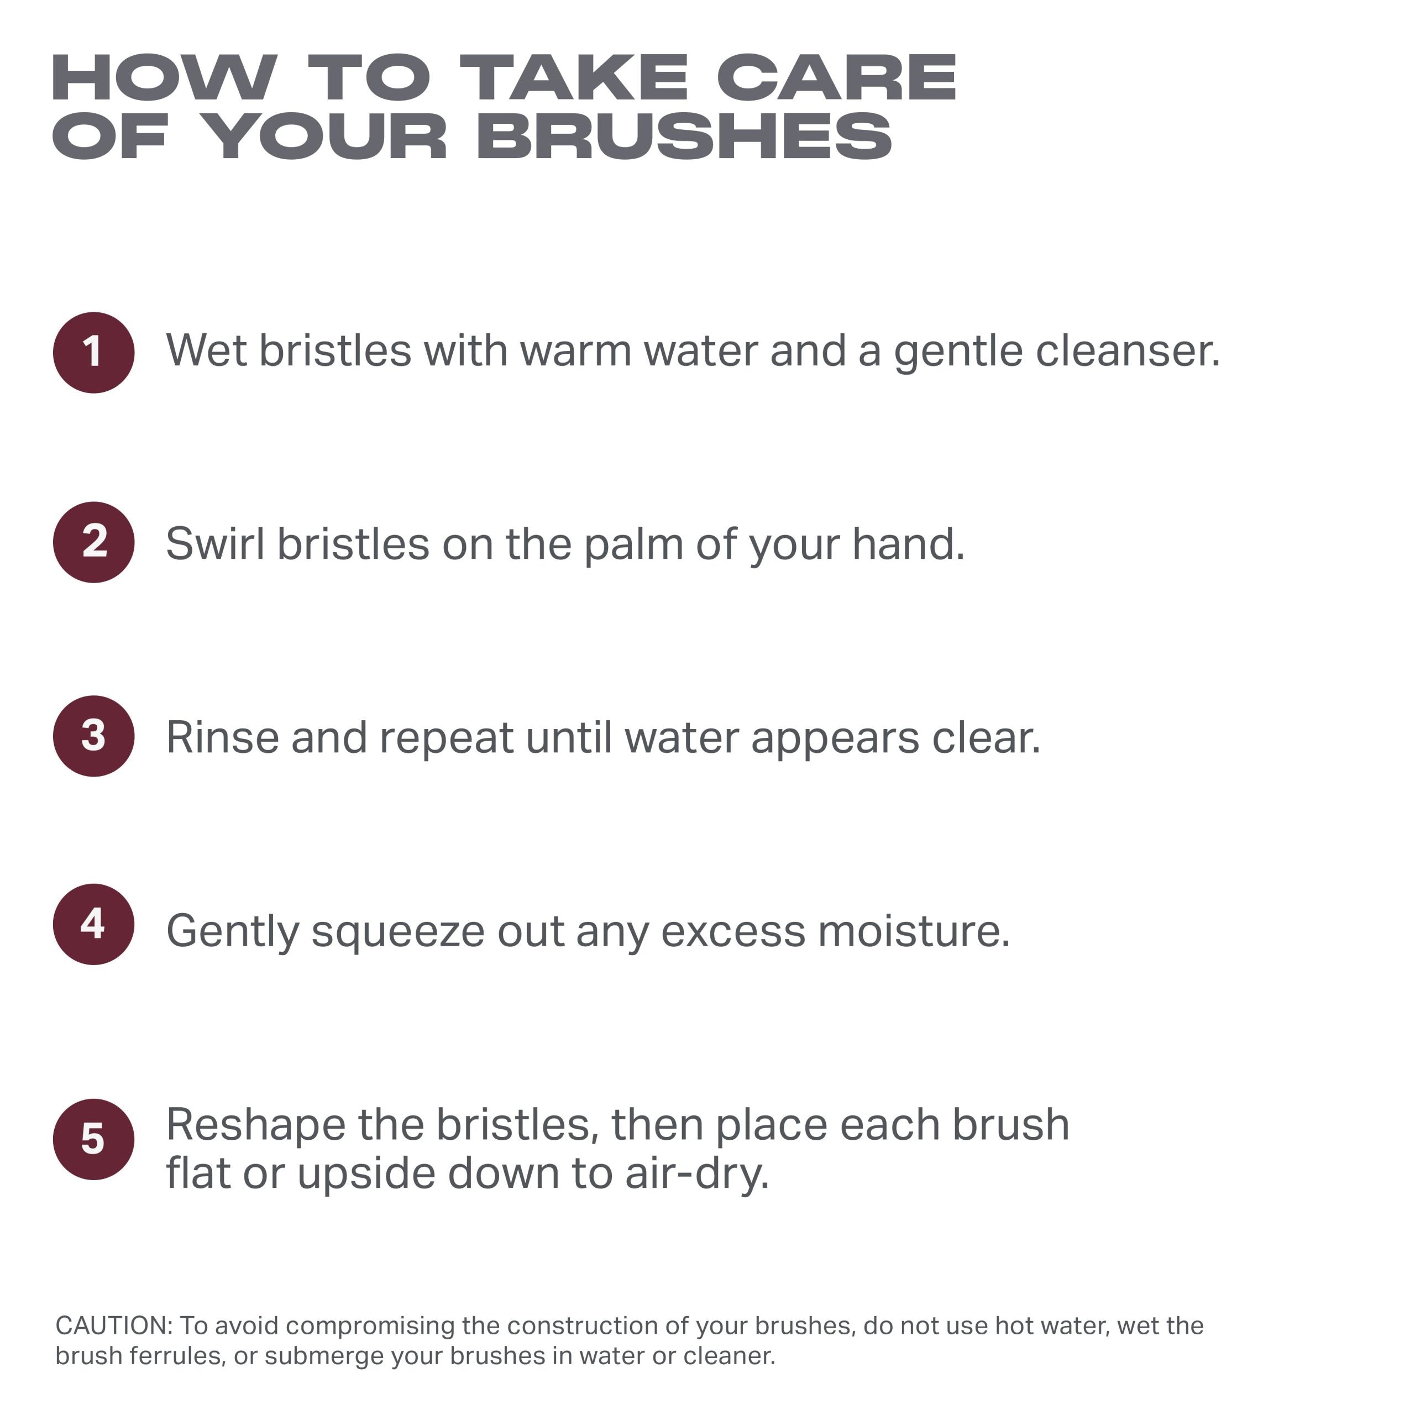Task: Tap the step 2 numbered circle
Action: [x=94, y=542]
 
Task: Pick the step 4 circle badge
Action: [x=94, y=924]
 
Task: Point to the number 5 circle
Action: [x=94, y=1140]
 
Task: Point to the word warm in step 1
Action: [x=575, y=351]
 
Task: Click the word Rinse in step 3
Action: [x=223, y=737]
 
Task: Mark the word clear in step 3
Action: [x=986, y=737]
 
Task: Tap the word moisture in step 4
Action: [x=914, y=930]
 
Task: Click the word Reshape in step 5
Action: [x=255, y=1126]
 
